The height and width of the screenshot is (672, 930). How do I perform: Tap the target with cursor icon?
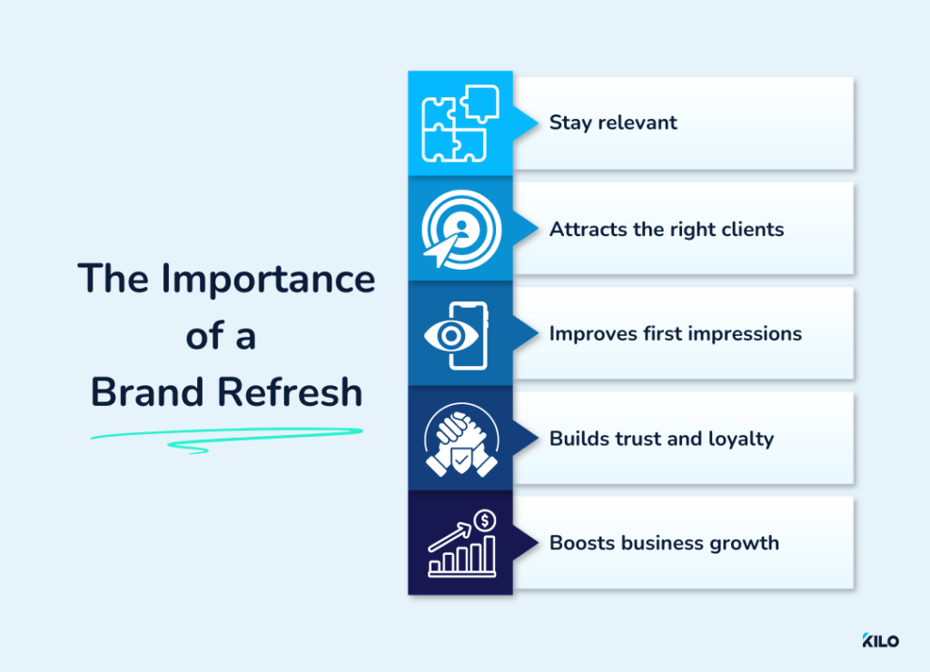[x=460, y=229]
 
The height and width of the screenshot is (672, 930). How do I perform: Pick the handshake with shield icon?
[x=460, y=439]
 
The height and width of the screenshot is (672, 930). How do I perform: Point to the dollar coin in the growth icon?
[x=486, y=520]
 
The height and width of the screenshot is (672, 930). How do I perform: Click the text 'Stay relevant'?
[x=613, y=123]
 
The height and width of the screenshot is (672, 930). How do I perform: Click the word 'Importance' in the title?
[x=269, y=279]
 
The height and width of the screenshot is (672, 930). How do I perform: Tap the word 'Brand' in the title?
[x=145, y=392]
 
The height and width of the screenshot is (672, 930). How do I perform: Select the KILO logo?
[x=880, y=640]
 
